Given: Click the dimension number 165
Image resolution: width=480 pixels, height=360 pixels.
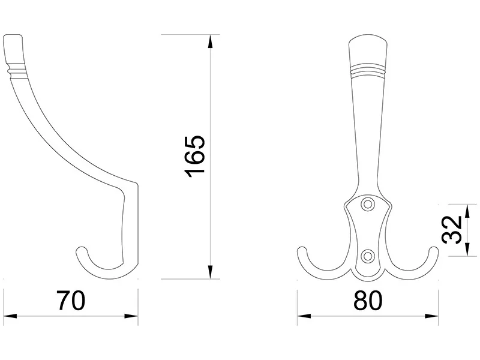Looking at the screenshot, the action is tap(194, 157).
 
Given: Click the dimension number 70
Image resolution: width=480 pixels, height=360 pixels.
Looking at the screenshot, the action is tap(71, 301).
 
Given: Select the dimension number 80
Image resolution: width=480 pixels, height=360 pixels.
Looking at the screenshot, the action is tap(368, 301).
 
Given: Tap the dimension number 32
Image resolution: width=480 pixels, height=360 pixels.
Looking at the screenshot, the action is tap(453, 230).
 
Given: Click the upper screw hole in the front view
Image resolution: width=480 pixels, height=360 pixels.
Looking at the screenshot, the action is tap(368, 205).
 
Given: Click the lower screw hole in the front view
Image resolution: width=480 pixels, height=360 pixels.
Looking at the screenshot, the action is tap(368, 256).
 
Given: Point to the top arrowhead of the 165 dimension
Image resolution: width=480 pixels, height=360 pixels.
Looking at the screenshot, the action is tap(210, 41).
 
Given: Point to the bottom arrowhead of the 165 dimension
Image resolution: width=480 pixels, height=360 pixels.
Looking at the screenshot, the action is tap(210, 272).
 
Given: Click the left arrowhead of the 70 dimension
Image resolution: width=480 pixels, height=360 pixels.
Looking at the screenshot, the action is tap(10, 316).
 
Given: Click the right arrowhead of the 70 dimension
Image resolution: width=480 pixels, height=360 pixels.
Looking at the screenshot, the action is tap(131, 316).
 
